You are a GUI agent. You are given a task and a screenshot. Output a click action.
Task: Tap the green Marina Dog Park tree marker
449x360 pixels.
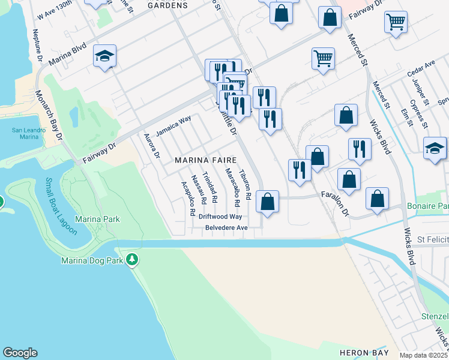coord(132,260)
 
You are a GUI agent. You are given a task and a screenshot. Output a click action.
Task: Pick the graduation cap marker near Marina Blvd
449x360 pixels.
coord(105,56)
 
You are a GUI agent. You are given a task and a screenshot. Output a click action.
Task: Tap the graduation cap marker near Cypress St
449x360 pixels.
coord(435,149)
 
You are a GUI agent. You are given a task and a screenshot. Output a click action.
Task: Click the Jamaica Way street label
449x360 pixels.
coord(173,125)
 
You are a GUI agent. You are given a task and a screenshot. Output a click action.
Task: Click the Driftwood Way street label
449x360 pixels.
coord(221,216)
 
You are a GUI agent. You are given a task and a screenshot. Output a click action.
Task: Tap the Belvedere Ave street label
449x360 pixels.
coord(226,228)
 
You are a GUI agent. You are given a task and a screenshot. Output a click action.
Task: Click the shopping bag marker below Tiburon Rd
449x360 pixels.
coord(268,201)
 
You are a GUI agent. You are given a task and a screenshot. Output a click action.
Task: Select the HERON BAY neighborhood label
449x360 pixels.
coord(361,352)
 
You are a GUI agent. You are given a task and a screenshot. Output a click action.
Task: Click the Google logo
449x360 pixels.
coord(20,353)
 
